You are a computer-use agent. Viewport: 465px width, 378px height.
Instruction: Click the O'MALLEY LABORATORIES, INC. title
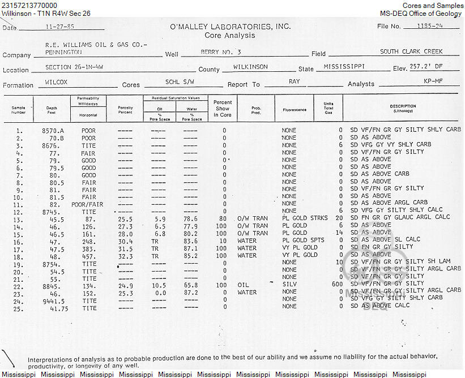pos(230,27)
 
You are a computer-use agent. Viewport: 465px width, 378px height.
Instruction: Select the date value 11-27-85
pos(61,25)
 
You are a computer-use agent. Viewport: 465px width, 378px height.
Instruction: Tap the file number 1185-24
pos(429,25)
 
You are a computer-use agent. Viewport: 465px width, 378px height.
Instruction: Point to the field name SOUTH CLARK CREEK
pos(411,51)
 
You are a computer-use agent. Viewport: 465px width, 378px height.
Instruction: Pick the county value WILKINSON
pos(250,67)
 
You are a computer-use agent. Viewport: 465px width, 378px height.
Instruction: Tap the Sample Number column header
pos(19,110)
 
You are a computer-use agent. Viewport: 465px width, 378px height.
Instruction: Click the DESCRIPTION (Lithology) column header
pos(403,108)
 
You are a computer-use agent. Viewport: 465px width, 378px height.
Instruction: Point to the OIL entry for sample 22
pos(244,285)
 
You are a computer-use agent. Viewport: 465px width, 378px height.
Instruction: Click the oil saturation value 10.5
pos(160,285)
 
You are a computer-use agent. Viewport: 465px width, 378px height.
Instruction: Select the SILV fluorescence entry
pos(289,285)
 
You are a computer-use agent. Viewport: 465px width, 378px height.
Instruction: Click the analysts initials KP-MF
pos(433,81)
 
